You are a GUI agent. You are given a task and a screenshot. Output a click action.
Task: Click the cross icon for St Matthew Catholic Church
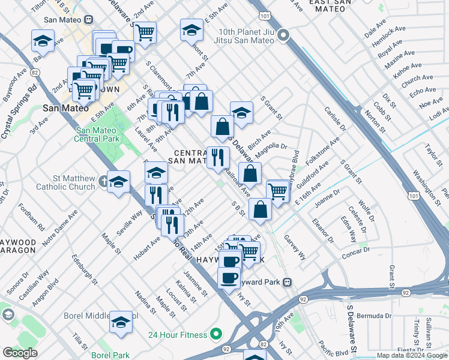coord(106,179)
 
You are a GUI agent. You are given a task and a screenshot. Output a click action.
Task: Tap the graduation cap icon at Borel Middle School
coord(121,322)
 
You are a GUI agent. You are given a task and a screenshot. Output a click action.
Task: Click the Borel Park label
coord(110,355)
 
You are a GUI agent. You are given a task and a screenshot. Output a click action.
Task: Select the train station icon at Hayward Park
coord(288,282)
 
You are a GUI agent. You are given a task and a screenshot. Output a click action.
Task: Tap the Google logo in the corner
coord(20,353)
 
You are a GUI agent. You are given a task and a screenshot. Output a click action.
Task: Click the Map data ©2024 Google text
coord(412,356)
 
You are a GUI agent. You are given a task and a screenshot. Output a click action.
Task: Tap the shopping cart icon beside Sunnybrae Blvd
coord(277,192)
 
